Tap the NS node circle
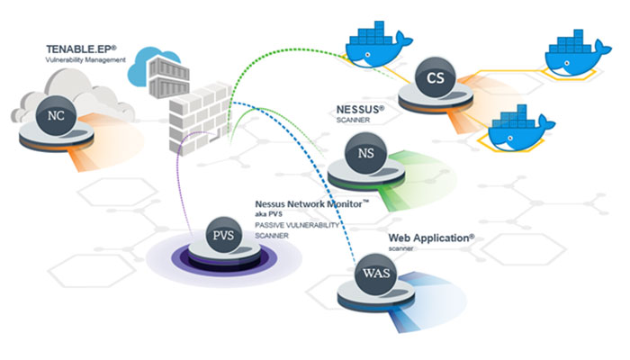365,153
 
